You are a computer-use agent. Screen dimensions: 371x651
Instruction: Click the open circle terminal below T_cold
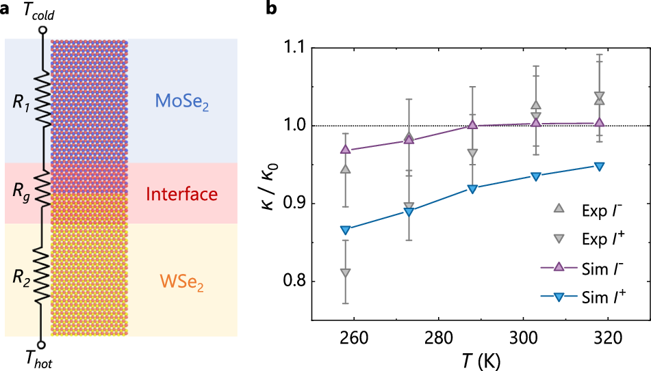tap(42, 31)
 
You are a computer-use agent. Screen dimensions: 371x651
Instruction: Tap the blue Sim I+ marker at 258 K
tap(345, 230)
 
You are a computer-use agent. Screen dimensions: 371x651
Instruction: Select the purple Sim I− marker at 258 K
tap(345, 149)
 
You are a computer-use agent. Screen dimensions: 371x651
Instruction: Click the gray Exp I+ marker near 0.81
tap(345, 273)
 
